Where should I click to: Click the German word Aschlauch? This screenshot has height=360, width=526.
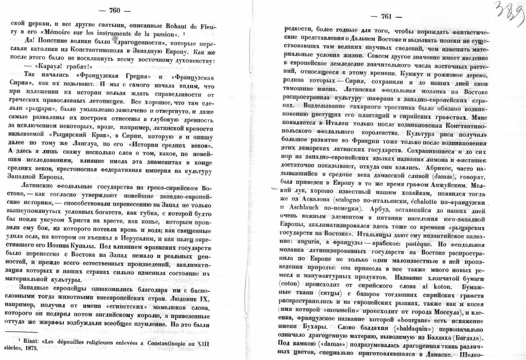[x=301, y=208]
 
